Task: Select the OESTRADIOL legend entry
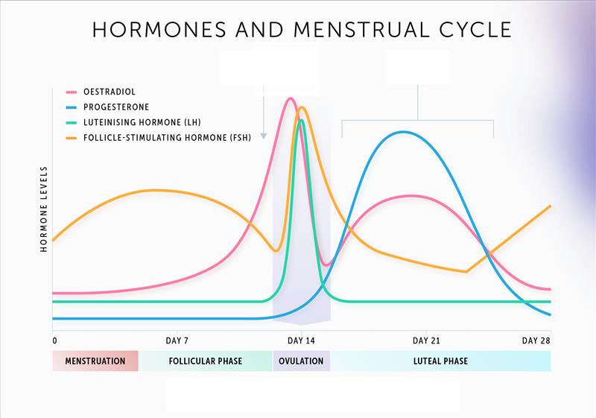click(x=109, y=92)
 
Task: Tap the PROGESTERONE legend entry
click(x=116, y=107)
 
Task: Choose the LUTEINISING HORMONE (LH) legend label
click(x=142, y=122)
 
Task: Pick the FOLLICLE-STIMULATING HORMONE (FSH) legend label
click(x=171, y=137)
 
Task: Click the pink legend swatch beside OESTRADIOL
click(x=72, y=92)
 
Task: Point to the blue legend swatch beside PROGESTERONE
click(x=72, y=107)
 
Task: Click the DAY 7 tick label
click(x=177, y=341)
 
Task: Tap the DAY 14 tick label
click(x=301, y=341)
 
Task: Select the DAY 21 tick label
click(x=425, y=341)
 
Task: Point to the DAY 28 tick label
click(x=536, y=341)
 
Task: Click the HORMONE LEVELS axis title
click(x=44, y=209)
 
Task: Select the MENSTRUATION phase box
click(x=95, y=361)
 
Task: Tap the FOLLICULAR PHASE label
click(x=206, y=361)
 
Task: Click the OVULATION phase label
click(x=301, y=361)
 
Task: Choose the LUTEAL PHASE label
click(x=440, y=361)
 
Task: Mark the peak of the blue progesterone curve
click(x=403, y=132)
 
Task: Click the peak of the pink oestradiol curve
click(x=290, y=98)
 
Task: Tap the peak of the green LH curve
click(x=301, y=120)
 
